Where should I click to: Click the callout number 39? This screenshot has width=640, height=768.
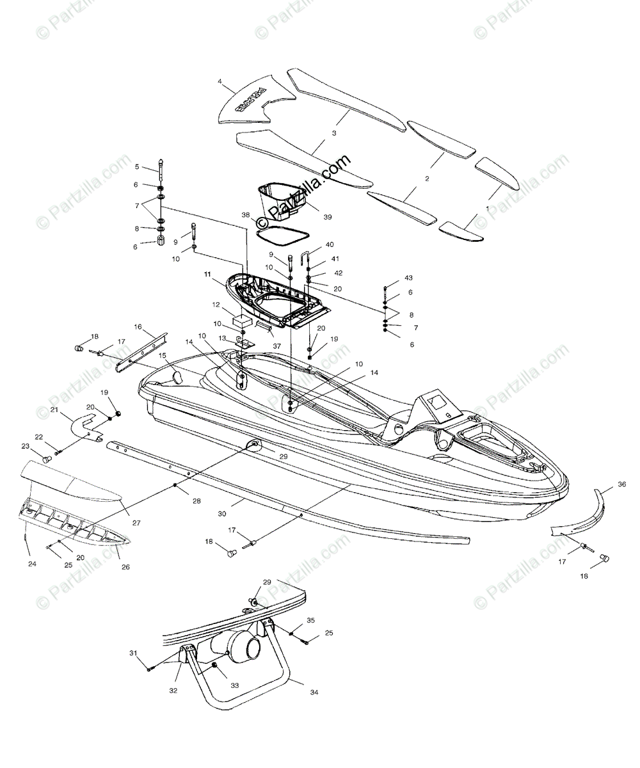328,217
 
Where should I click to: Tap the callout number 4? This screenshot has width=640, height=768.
220,82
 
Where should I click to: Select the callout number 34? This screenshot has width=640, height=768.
313,692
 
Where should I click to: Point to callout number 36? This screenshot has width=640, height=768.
621,484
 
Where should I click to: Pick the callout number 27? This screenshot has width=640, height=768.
136,522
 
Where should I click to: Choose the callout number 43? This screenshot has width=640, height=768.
408,278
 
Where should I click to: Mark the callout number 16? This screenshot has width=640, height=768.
138,326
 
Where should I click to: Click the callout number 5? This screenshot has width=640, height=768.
136,166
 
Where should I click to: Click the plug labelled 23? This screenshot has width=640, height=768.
46,459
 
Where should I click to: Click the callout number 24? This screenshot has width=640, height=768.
32,564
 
